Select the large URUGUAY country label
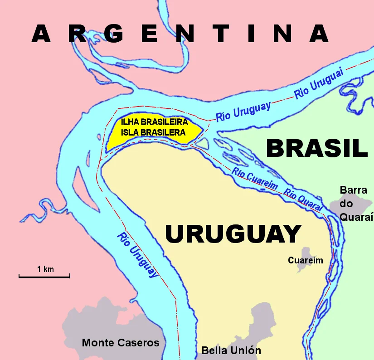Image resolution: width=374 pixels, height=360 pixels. [233, 234]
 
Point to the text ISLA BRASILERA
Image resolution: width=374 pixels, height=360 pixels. [153, 132]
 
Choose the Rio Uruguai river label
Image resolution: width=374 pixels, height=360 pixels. [319, 85]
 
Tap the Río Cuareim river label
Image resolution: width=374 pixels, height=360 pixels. [255, 180]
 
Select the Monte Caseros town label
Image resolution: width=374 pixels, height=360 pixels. [121, 343]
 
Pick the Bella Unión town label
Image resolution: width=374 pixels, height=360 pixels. [231, 350]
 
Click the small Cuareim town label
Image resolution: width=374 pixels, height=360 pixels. [306, 260]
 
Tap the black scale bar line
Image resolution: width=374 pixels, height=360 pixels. [44, 276]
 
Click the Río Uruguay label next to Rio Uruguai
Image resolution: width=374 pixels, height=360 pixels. [243, 111]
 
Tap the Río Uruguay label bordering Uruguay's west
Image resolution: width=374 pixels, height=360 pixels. [138, 255]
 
